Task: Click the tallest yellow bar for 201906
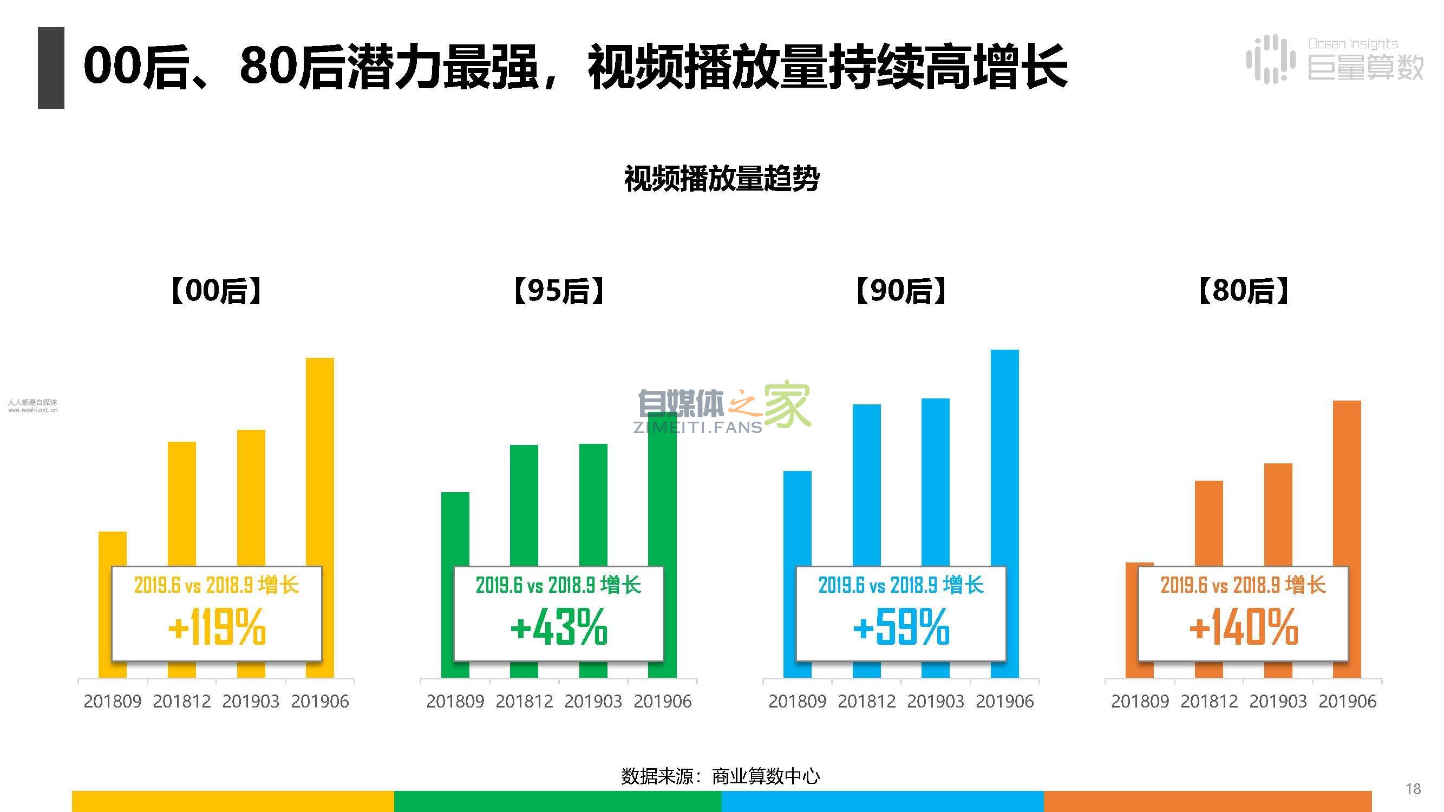coord(319,460)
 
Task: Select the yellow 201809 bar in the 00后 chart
coord(112,549)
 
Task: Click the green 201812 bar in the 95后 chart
coord(524,505)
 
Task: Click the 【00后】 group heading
coord(217,291)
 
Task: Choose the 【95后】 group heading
coord(559,291)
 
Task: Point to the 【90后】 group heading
coord(901,291)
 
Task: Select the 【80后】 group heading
coord(1243,291)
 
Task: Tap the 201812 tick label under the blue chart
coord(866,701)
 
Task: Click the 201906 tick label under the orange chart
coord(1347,701)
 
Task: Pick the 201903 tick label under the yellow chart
coord(251,701)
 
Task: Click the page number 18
coord(1413,789)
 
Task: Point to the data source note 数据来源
coord(720,776)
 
